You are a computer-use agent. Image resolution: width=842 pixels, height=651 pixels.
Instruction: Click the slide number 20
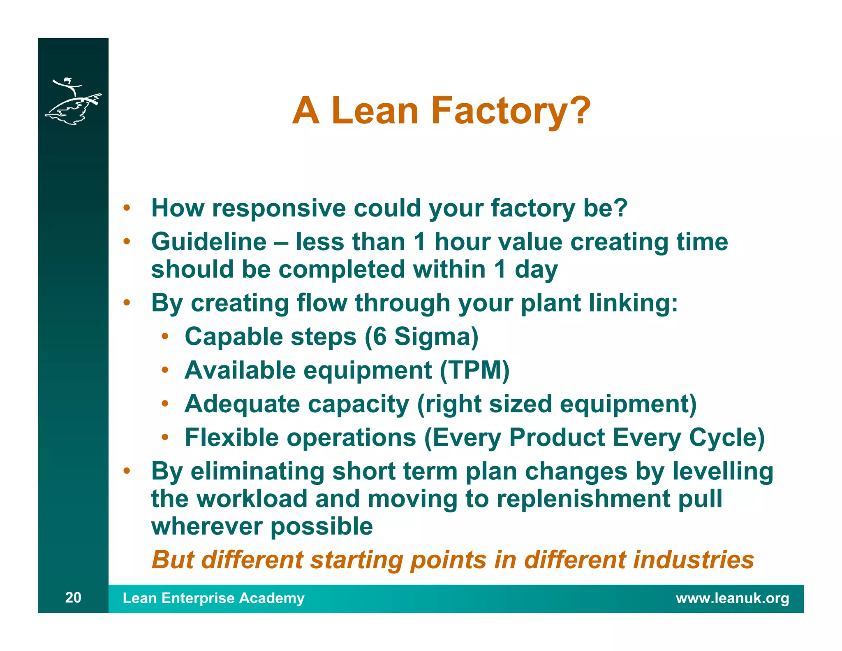(x=73, y=598)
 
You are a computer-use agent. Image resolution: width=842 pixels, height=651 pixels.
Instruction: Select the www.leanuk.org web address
(x=732, y=598)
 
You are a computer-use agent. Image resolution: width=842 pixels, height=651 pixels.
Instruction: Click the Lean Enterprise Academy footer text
(x=213, y=598)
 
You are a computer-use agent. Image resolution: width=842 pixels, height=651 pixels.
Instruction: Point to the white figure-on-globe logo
(x=73, y=101)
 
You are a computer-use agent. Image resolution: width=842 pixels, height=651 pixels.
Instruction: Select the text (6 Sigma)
(x=421, y=337)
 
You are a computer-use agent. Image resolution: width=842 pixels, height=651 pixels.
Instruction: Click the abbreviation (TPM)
(x=474, y=370)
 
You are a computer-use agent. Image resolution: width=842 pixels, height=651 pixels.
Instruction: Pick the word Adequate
(x=242, y=404)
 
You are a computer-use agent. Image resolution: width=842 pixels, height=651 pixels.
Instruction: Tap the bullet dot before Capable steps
(x=165, y=337)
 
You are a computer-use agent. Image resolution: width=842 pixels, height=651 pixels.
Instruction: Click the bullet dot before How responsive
(x=127, y=208)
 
